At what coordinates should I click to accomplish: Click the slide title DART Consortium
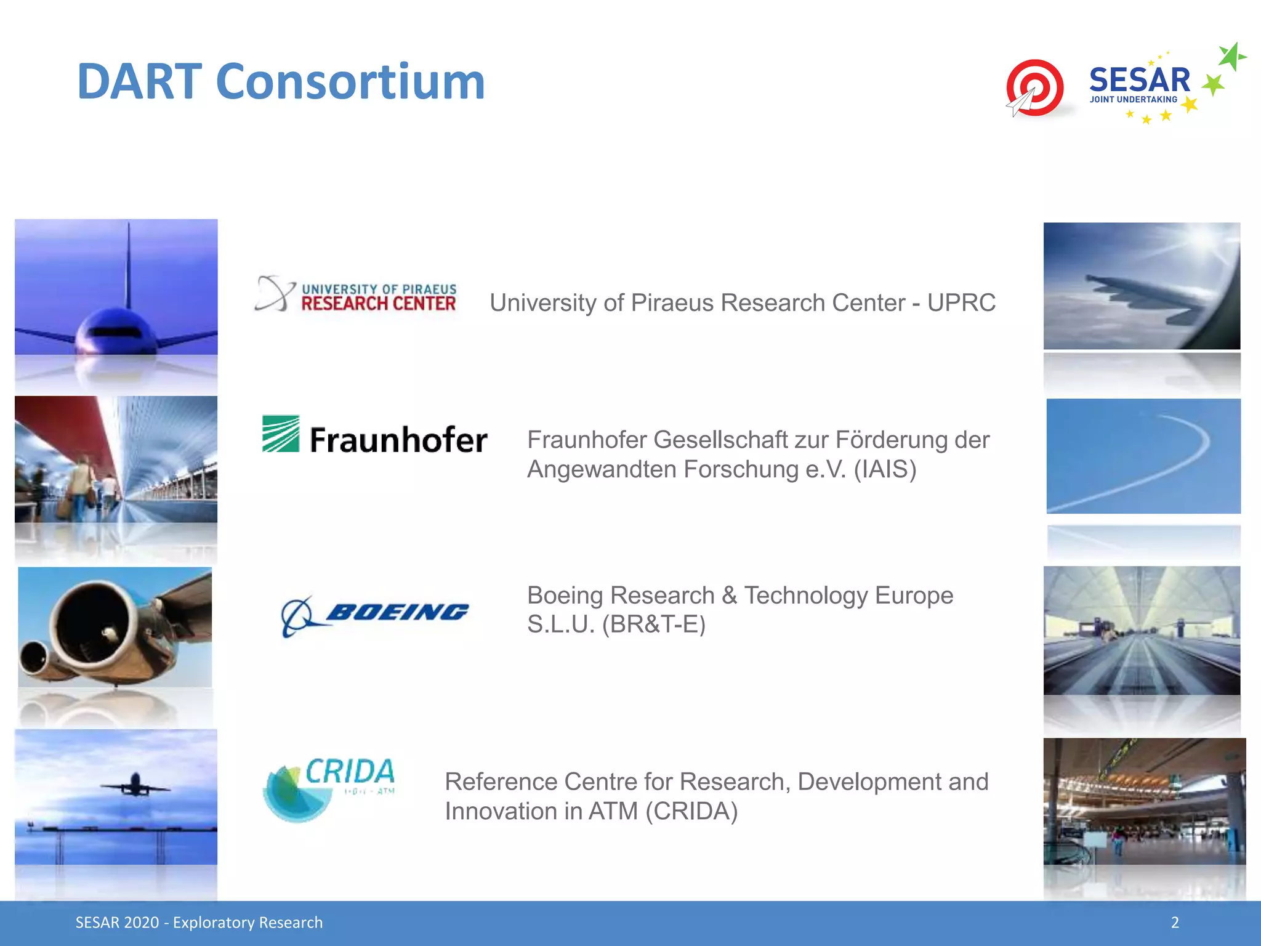(281, 81)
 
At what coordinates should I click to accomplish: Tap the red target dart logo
(1036, 87)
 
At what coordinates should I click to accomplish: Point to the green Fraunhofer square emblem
(281, 434)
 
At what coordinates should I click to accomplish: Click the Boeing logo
(374, 615)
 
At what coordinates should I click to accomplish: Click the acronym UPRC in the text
(961, 303)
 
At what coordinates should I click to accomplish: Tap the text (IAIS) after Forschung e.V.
(885, 469)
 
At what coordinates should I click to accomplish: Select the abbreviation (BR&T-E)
(653, 625)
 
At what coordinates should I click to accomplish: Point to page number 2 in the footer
(1175, 923)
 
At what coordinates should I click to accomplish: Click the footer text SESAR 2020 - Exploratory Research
(199, 923)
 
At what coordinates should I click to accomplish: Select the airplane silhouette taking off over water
(135, 786)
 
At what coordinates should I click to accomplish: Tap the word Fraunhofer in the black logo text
(398, 440)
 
